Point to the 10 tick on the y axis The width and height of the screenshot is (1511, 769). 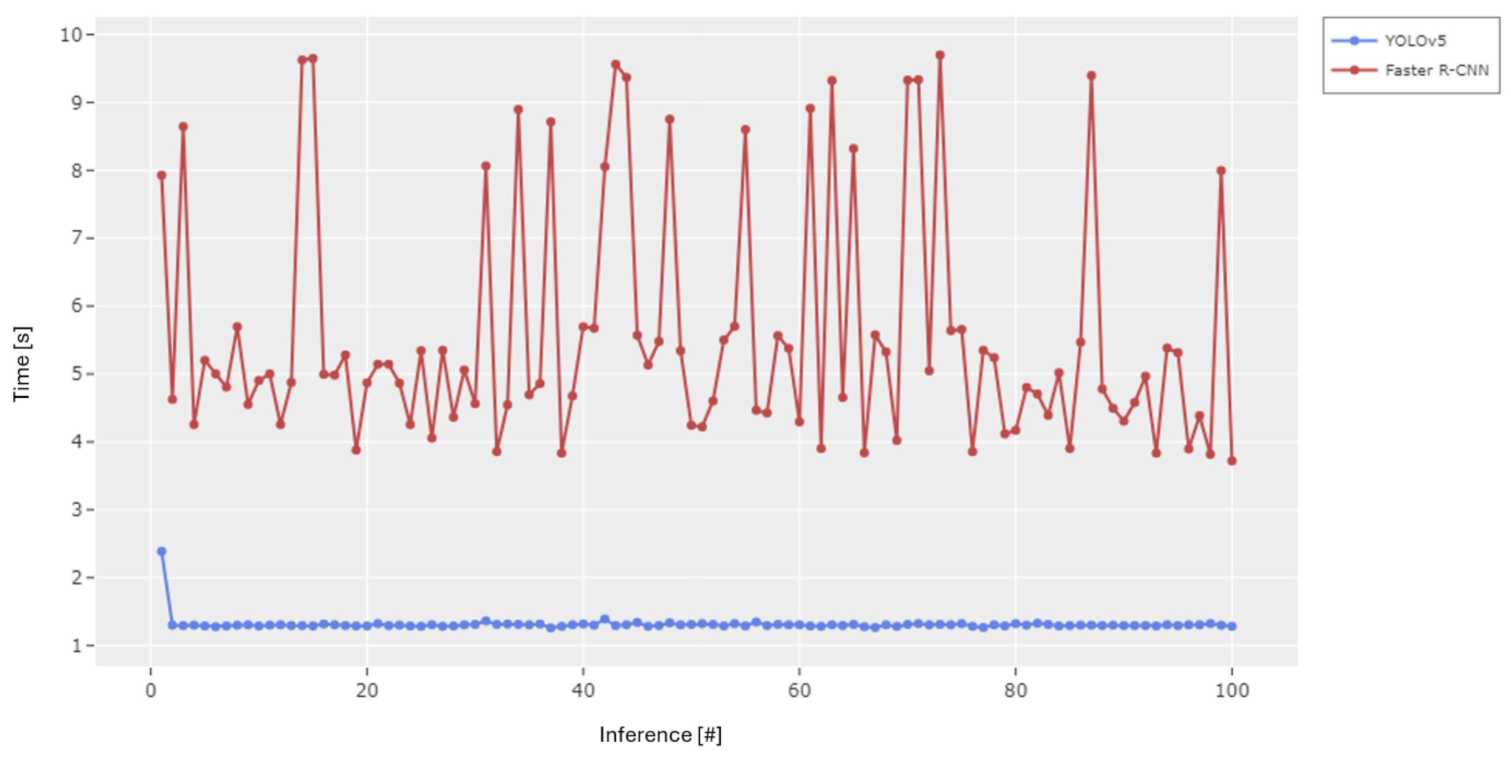(71, 35)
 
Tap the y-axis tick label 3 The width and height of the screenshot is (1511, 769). (76, 510)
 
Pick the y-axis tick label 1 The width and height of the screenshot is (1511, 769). (76, 646)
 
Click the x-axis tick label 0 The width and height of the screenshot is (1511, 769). (151, 691)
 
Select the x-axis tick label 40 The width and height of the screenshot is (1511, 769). (583, 691)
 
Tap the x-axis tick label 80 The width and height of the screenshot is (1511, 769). (1016, 691)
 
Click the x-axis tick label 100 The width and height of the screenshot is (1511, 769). (1232, 691)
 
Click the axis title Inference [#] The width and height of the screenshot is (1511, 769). (660, 735)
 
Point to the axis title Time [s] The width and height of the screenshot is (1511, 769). (22, 364)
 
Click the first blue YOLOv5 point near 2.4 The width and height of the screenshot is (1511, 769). (162, 551)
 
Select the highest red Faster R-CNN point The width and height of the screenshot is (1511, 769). (940, 55)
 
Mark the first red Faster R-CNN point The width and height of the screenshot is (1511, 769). (162, 175)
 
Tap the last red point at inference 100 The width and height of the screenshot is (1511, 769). (1232, 461)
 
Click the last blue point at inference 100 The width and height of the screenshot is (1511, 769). (1232, 626)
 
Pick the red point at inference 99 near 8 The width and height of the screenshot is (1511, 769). (1221, 171)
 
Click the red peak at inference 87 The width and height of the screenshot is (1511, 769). (1091, 75)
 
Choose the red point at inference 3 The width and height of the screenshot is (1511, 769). (183, 127)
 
